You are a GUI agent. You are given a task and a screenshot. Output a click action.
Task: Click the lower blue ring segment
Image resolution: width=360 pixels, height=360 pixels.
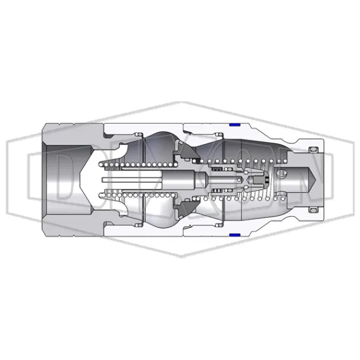tap(234, 235)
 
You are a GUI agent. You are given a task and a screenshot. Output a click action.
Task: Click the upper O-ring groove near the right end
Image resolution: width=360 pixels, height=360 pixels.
tap(311, 149)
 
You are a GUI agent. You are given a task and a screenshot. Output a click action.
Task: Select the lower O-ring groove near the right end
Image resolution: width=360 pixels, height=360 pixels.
tap(311, 209)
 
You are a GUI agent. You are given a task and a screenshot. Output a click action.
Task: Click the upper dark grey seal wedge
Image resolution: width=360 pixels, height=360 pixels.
tap(186, 152)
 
